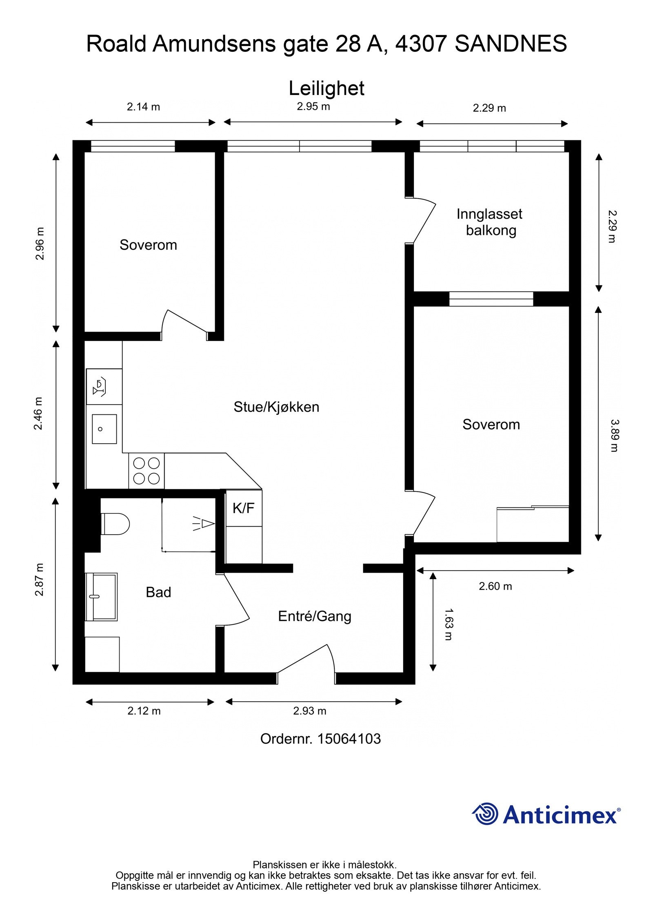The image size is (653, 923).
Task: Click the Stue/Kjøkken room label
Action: [276, 407]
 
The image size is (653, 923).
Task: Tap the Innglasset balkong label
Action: [489, 222]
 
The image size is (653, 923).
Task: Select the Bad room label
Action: [158, 592]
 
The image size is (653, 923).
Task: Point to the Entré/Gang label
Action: [314, 616]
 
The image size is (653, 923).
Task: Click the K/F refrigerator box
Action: [244, 508]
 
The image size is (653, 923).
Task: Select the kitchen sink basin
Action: [104, 429]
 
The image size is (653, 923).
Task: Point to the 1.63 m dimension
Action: [449, 624]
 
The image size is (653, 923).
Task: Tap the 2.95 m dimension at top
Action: [313, 107]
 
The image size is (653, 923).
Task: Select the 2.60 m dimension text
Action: [495, 586]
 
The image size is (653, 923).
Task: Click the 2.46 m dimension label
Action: [38, 414]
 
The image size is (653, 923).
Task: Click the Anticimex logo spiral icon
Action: [485, 814]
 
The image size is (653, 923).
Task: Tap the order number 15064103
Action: [349, 739]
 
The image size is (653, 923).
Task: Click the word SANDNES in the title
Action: [511, 44]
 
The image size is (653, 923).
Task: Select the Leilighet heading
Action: [326, 89]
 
